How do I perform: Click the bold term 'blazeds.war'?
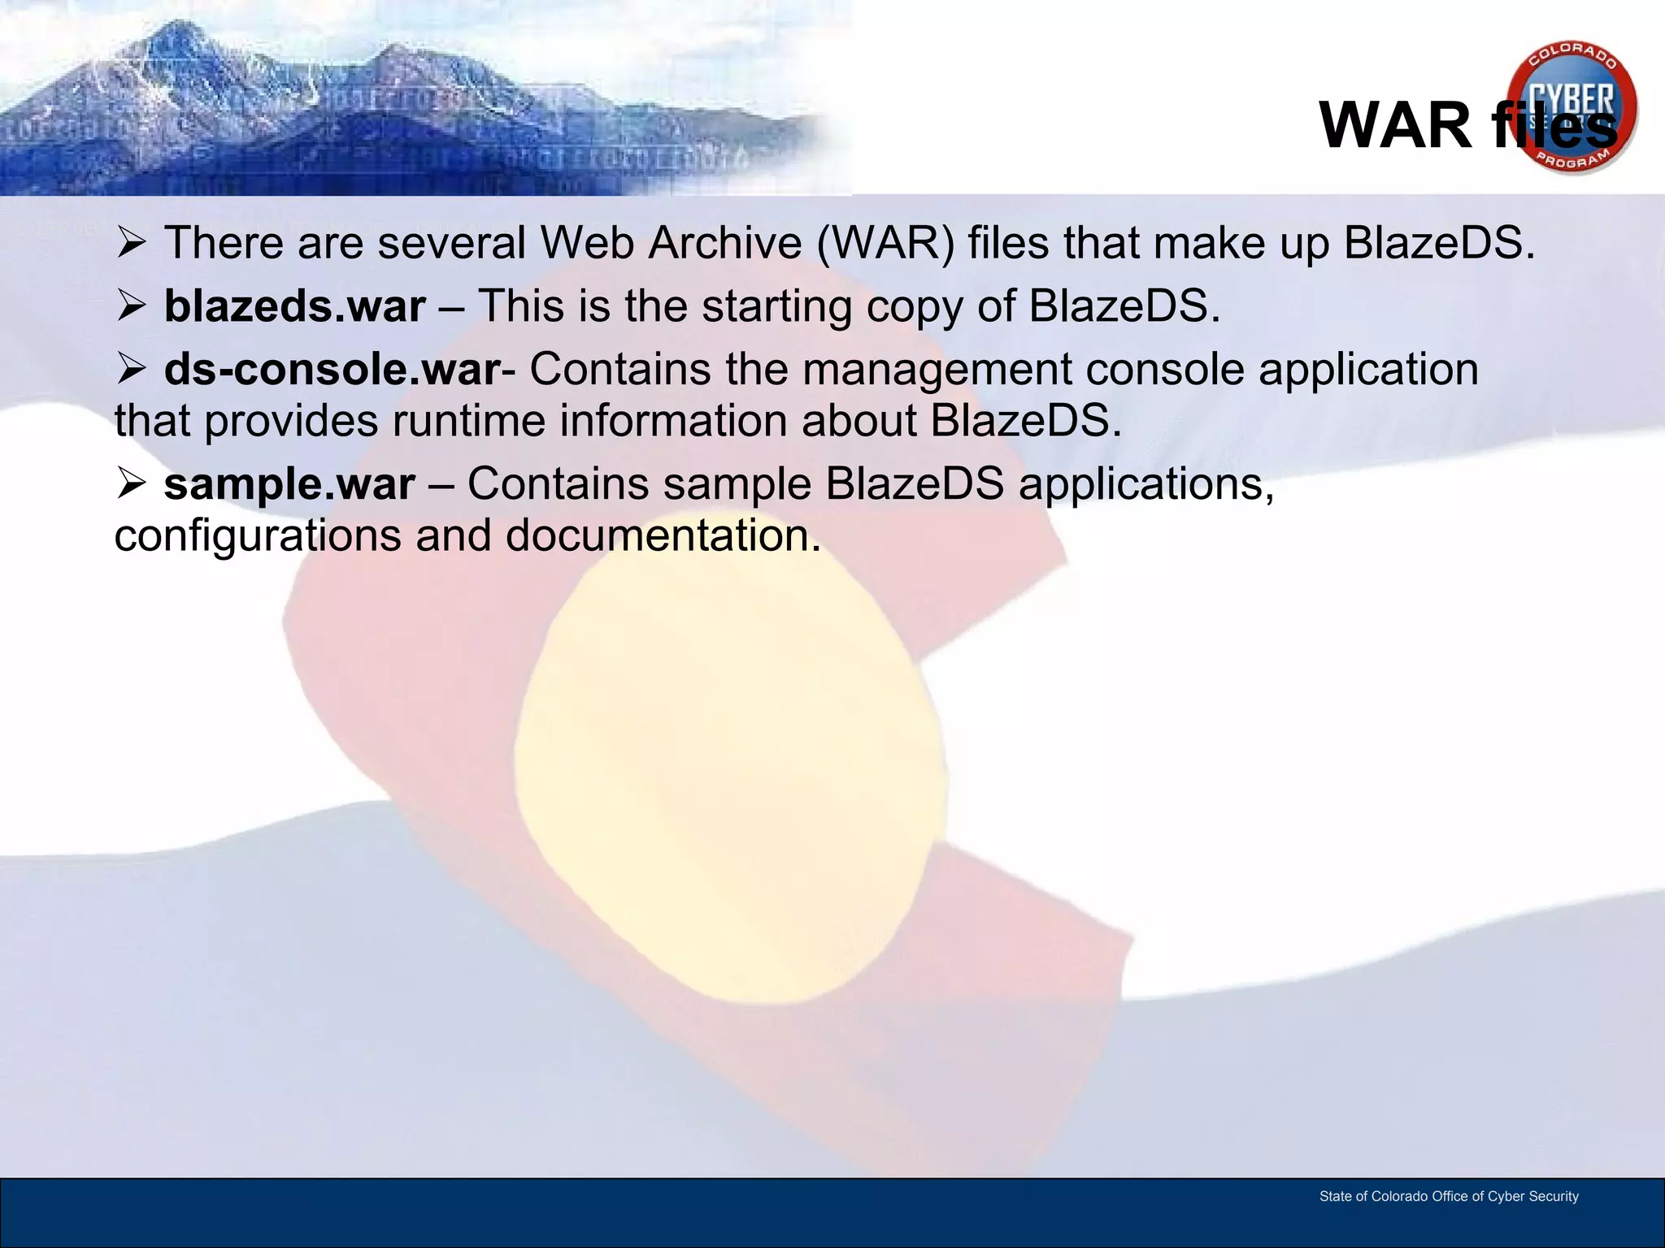pyautogui.click(x=294, y=306)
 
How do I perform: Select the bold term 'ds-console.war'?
pyautogui.click(x=332, y=370)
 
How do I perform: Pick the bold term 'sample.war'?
pyautogui.click(x=289, y=484)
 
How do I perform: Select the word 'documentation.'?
pyautogui.click(x=663, y=536)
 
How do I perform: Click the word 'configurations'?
pyautogui.click(x=258, y=536)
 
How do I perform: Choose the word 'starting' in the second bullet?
pyautogui.click(x=776, y=307)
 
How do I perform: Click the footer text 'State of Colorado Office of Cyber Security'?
pyautogui.click(x=1449, y=1196)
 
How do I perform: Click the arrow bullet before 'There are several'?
pyautogui.click(x=131, y=243)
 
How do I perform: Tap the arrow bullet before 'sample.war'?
pyautogui.click(x=131, y=484)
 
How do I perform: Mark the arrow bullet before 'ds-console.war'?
pyautogui.click(x=131, y=370)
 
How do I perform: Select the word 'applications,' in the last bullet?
pyautogui.click(x=1146, y=484)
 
